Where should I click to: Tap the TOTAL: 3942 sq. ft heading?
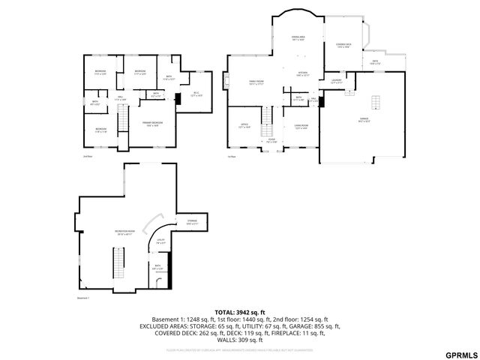click(x=240, y=311)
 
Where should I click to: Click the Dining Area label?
click(x=297, y=38)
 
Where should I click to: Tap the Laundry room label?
click(x=336, y=81)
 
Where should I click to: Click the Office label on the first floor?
click(x=244, y=126)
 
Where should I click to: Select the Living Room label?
click(x=301, y=126)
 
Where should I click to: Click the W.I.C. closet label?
click(x=196, y=94)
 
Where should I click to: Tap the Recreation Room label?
click(x=124, y=232)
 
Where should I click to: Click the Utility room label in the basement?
click(x=160, y=241)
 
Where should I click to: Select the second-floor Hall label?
click(x=120, y=98)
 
